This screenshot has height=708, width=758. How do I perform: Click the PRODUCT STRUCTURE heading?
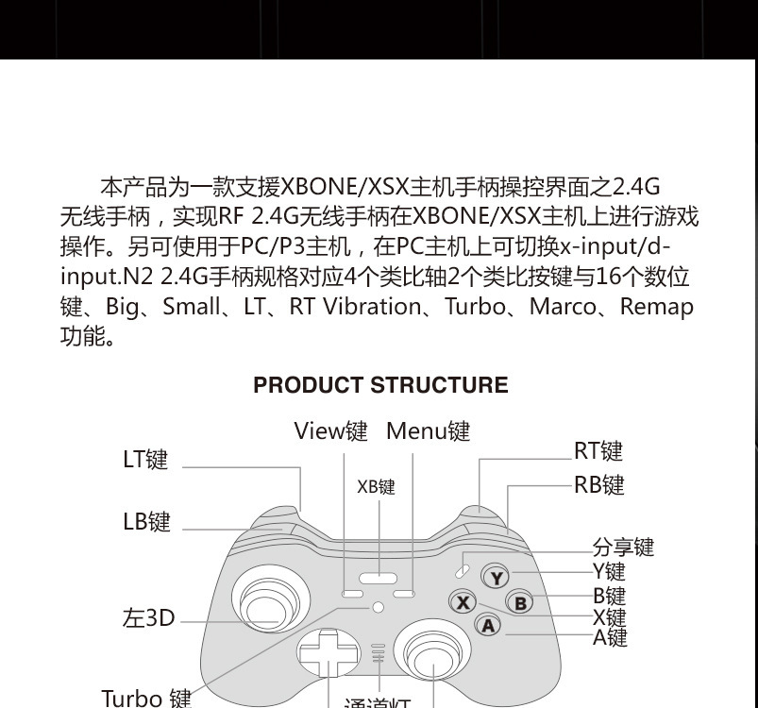click(380, 385)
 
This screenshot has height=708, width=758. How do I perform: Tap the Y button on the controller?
click(496, 577)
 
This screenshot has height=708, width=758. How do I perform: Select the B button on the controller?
click(520, 602)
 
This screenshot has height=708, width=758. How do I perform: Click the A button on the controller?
click(487, 624)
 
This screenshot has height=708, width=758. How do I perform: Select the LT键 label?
click(145, 460)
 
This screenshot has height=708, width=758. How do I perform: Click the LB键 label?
click(146, 522)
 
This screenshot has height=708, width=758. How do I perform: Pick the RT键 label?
click(598, 451)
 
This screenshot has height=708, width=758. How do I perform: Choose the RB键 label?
click(598, 485)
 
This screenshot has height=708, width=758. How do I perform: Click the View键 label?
click(330, 431)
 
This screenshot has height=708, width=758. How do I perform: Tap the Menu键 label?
click(428, 431)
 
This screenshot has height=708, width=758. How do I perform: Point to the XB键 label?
click(376, 487)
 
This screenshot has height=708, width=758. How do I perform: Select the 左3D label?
click(149, 618)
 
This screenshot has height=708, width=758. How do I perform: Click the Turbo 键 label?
click(146, 699)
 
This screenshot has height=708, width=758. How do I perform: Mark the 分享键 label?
click(623, 548)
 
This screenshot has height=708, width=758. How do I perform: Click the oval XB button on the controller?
click(378, 579)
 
